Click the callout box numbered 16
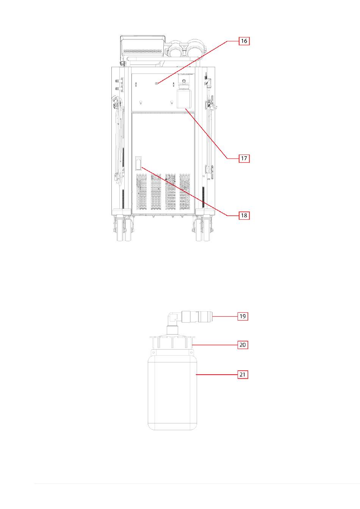244,41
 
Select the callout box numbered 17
244,158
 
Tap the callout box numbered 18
244,215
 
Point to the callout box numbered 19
243,316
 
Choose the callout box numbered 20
243,345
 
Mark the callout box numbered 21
243,374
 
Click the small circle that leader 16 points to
157,83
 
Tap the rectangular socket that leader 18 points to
138,163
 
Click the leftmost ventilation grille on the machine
141,192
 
